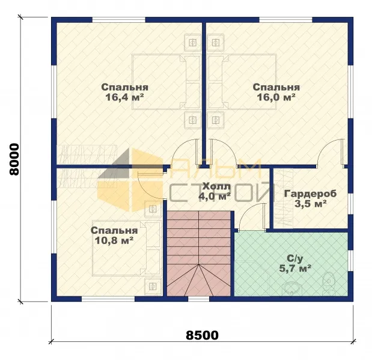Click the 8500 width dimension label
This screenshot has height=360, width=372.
[x=202, y=335]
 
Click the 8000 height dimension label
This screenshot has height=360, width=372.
[x=14, y=159]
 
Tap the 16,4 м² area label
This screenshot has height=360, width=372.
[x=125, y=97]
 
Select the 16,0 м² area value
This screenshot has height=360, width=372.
[x=276, y=97]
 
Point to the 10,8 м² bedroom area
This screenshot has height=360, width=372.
[x=114, y=240]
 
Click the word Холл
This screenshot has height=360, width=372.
[x=216, y=187]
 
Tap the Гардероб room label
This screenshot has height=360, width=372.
[x=310, y=194]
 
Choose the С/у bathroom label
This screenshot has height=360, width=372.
[x=295, y=258]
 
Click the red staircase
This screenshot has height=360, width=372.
[x=199, y=254]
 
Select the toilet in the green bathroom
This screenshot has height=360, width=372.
[x=329, y=283]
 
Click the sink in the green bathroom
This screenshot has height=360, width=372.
[x=290, y=289]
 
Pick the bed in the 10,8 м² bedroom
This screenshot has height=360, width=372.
[x=126, y=248]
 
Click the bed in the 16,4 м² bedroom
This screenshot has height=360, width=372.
[x=166, y=82]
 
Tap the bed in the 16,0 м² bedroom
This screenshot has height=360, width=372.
[x=242, y=82]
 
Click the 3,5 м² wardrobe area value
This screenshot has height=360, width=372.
[x=310, y=204]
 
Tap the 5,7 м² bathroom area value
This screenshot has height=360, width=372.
[x=295, y=269]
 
